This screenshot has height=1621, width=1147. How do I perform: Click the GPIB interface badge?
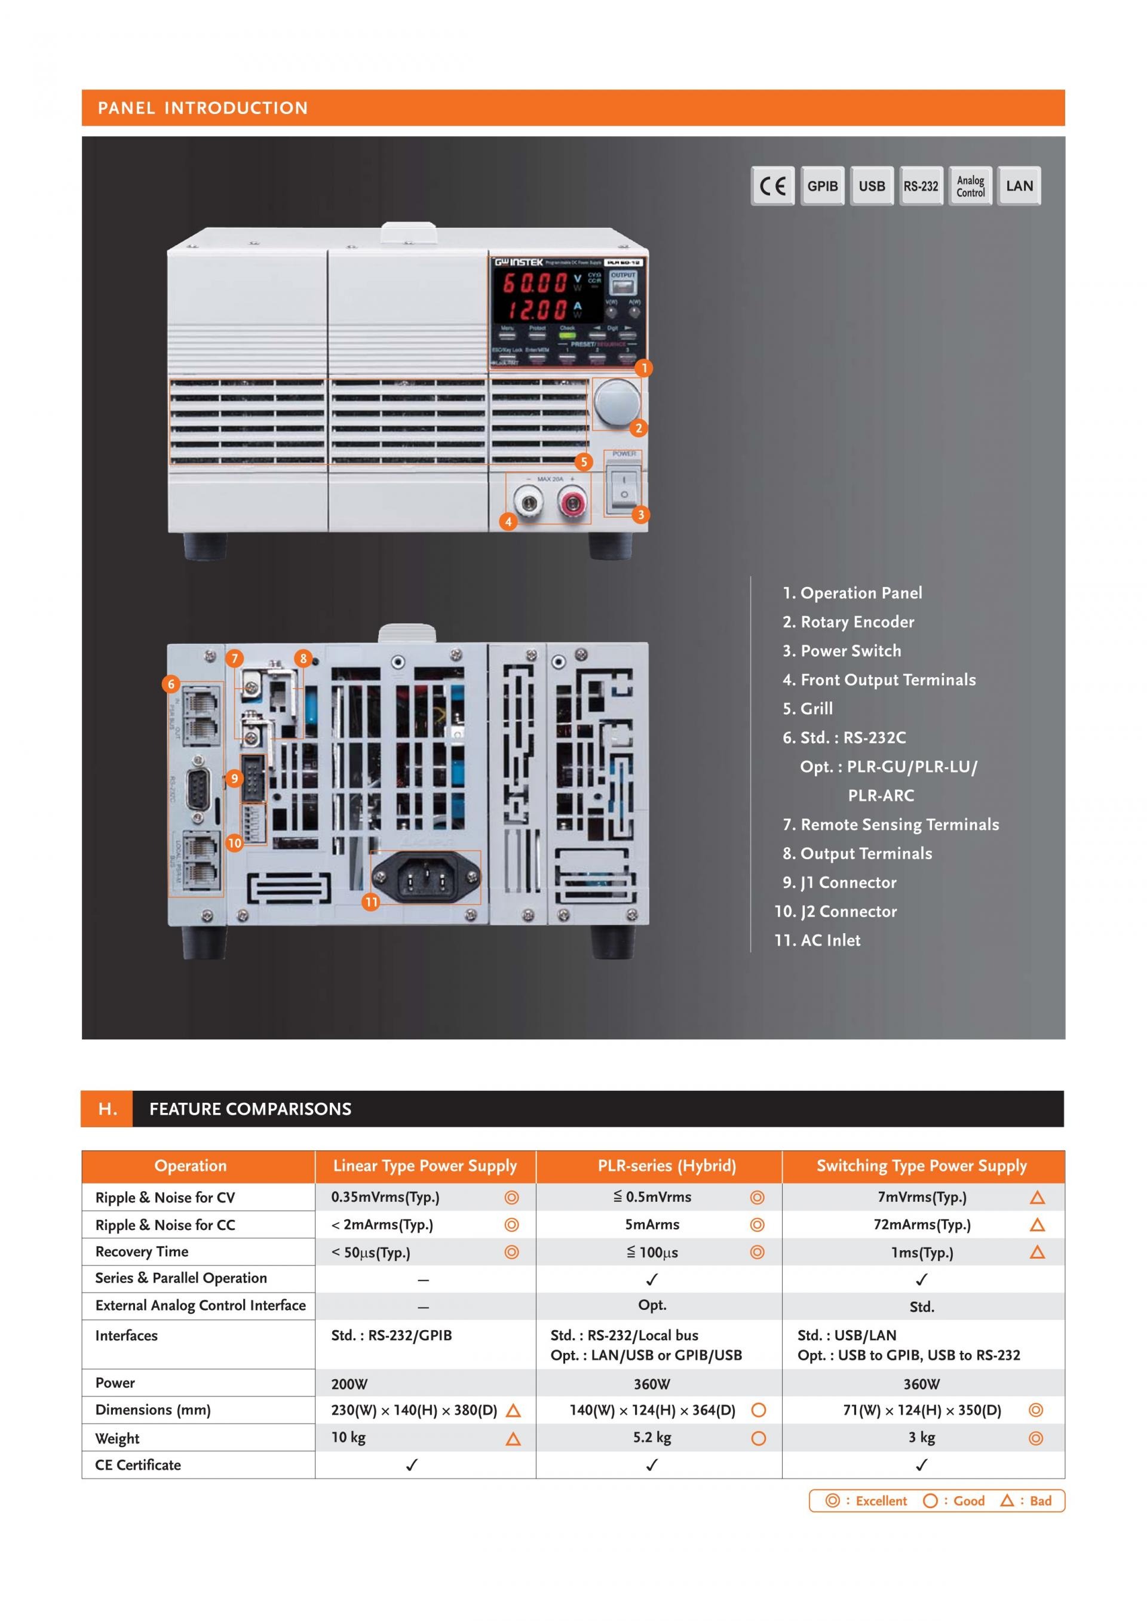(822, 186)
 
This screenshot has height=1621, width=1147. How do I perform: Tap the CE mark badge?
(772, 186)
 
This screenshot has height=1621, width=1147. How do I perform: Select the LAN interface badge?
(1019, 186)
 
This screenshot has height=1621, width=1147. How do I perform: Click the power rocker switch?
(624, 487)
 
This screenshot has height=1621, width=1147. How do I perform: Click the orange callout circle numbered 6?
(171, 684)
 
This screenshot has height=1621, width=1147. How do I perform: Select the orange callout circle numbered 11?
(371, 902)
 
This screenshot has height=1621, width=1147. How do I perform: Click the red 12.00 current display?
(535, 309)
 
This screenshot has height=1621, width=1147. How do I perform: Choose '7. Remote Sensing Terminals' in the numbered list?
(891, 825)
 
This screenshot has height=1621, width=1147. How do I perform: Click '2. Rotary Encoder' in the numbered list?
(848, 622)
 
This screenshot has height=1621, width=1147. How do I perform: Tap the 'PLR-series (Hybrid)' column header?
(666, 1165)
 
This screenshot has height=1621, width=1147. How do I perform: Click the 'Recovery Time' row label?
(142, 1252)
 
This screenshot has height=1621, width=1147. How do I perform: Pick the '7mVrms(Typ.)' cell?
(922, 1198)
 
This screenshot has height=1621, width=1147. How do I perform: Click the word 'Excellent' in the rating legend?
(881, 1500)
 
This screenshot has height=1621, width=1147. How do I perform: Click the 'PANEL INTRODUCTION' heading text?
(203, 108)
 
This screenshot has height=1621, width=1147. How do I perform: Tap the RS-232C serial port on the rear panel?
(197, 785)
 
